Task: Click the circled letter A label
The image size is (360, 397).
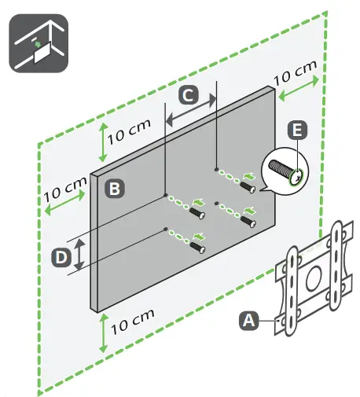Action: point(249,319)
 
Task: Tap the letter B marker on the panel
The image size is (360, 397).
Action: point(115,189)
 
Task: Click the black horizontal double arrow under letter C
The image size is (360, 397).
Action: point(190,112)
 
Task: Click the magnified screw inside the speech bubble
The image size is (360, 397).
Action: point(282,170)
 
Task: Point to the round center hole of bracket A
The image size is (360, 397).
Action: point(312,278)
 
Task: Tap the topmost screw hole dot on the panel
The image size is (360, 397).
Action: point(216,167)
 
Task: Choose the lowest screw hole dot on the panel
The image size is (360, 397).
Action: point(166,229)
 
